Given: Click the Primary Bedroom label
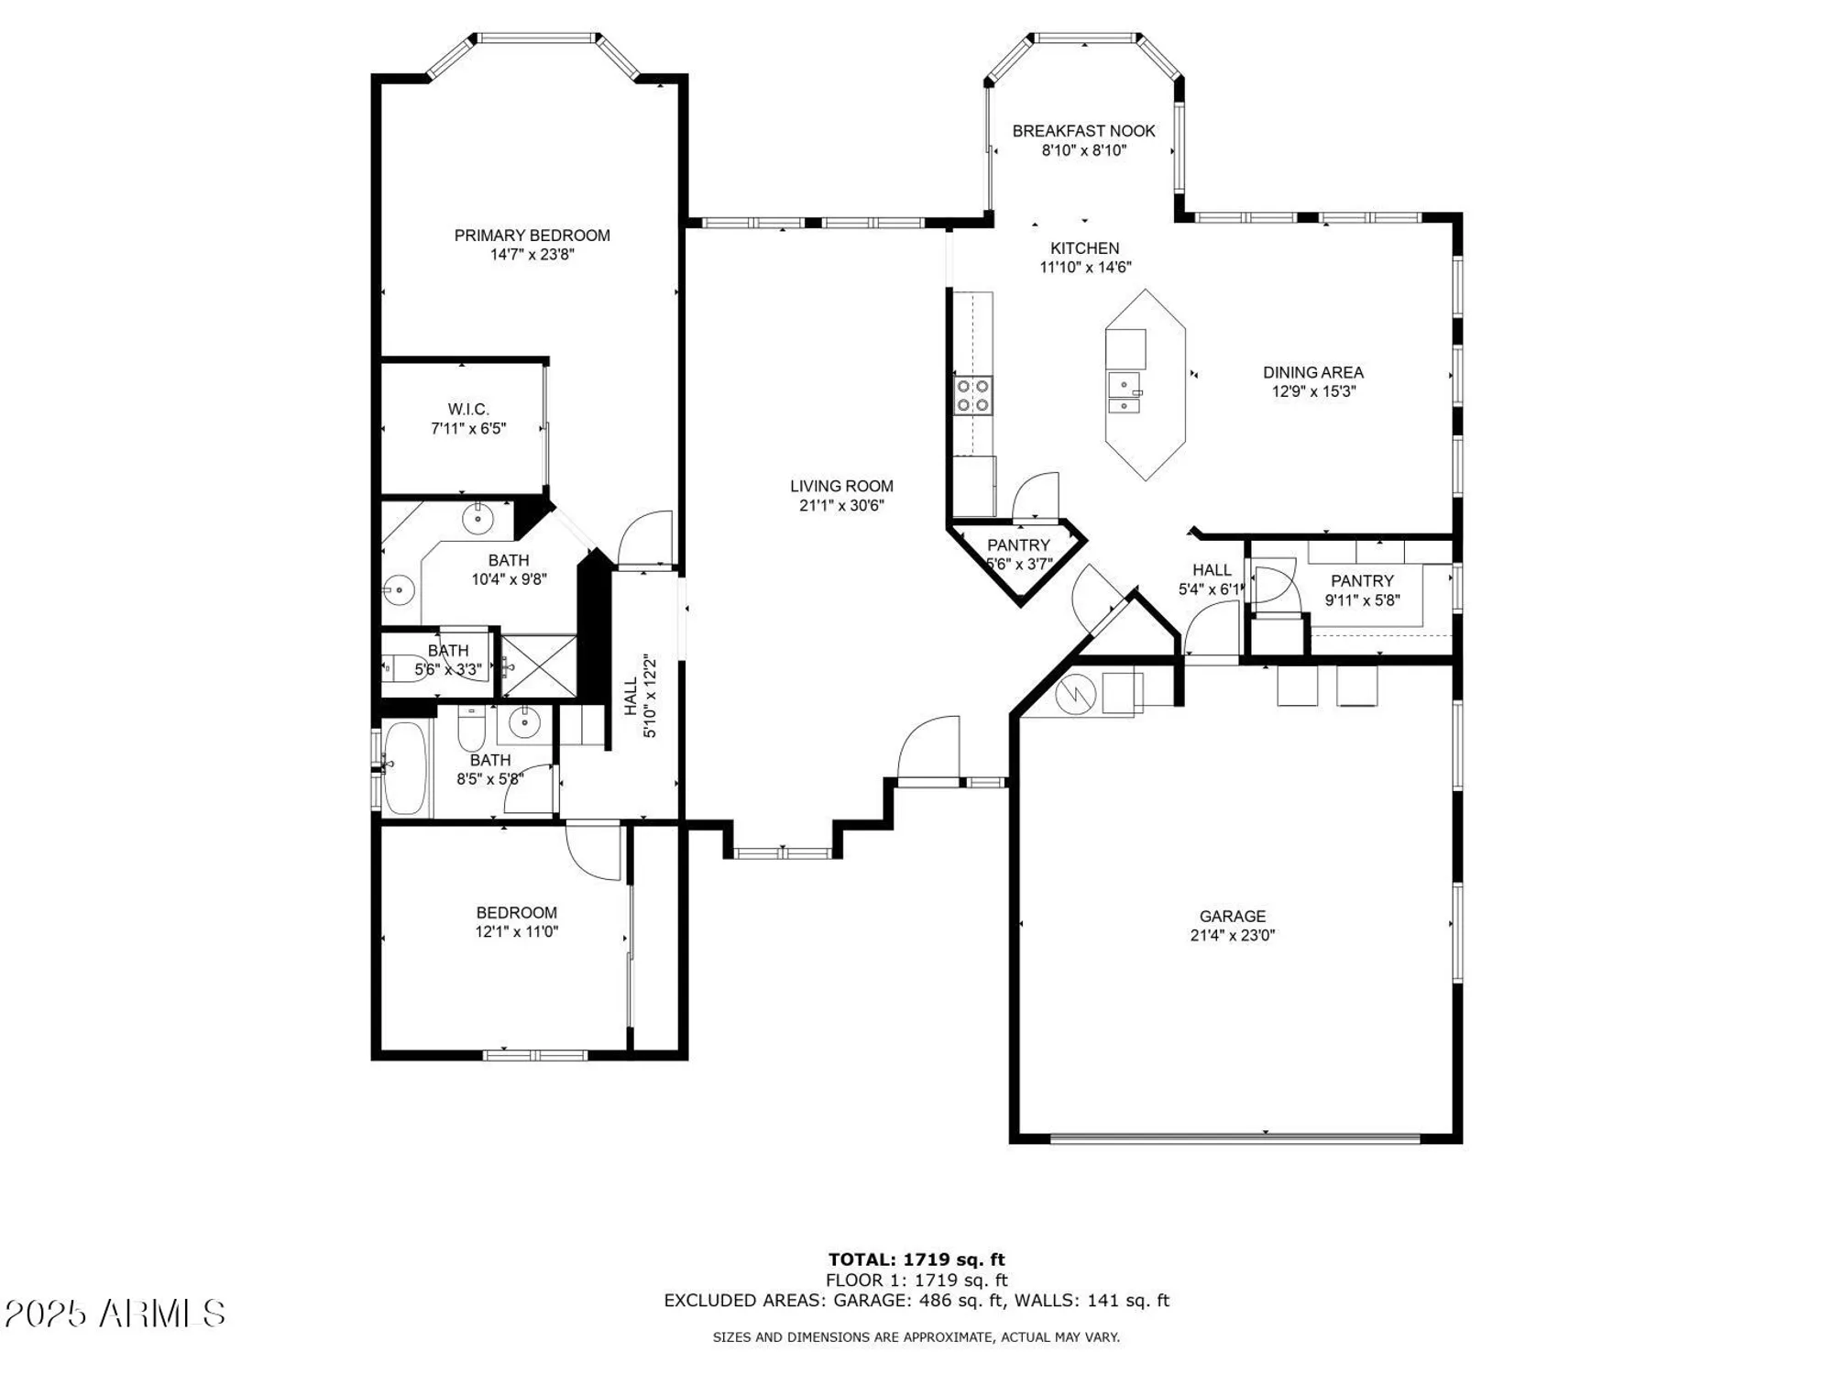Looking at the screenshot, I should tap(532, 236).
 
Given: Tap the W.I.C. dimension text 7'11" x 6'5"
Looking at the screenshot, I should tap(468, 428).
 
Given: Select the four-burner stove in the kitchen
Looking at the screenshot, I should tap(972, 395).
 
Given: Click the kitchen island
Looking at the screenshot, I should tap(1145, 385).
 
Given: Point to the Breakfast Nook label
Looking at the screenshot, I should tap(1083, 131).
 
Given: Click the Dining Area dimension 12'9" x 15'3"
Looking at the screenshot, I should tap(1312, 391).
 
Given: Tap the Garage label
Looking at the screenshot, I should tap(1233, 916).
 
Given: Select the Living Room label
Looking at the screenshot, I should tap(841, 486).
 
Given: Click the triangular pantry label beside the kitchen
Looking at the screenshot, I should tap(1018, 545).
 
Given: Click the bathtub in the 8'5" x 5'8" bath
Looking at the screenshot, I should tap(405, 768).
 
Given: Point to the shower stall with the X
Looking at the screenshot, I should tap(539, 665).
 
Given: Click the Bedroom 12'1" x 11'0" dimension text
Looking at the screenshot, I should tap(516, 931).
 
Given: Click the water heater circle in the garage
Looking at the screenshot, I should tap(1075, 694).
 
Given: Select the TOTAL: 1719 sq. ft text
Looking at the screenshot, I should tap(916, 1259).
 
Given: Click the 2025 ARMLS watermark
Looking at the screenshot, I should tap(115, 1314).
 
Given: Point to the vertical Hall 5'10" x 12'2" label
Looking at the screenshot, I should tap(640, 696).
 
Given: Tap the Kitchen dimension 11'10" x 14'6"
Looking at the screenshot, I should tap(1084, 268).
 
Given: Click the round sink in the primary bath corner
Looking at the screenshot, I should tap(477, 520).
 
